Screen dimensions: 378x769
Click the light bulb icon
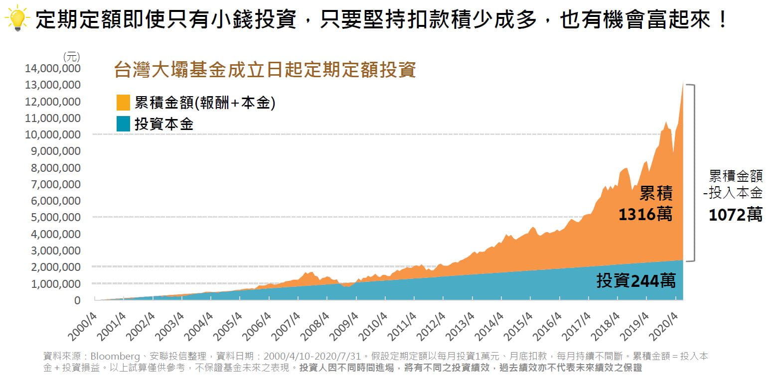click(16, 19)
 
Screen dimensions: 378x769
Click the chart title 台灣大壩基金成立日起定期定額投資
click(265, 70)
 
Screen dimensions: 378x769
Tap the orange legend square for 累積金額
click(123, 103)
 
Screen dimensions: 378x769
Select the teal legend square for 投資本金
click(123, 124)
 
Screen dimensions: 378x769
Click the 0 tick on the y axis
click(77, 300)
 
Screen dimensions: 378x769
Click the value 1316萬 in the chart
click(645, 214)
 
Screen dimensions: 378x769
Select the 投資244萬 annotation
click(636, 281)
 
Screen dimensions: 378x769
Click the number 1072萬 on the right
click(736, 215)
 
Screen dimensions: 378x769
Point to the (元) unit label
click(72, 56)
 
